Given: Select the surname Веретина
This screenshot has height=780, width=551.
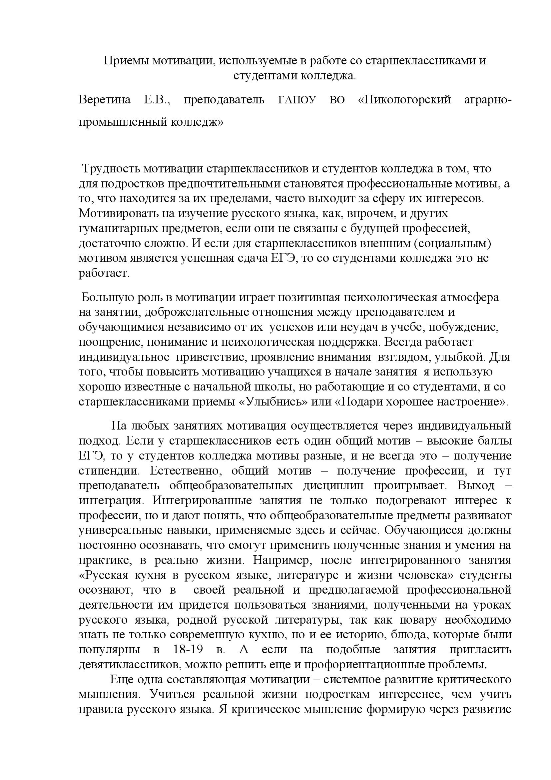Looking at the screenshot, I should point(105,100).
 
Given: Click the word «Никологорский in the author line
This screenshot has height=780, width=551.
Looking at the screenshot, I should point(404,100).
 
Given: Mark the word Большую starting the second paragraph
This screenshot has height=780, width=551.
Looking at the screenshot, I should point(105,297).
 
